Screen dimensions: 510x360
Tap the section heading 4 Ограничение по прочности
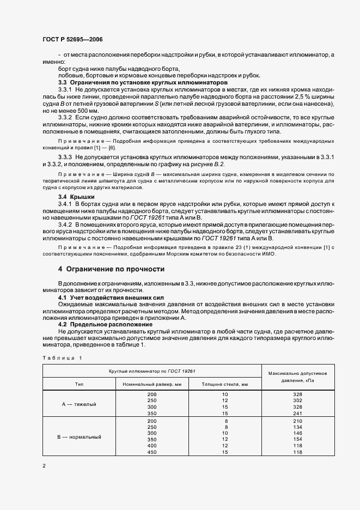[x=111, y=269]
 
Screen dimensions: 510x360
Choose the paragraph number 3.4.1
[x=65, y=203]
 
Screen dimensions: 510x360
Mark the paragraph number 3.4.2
[x=65, y=224]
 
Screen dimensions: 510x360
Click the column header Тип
[x=79, y=385]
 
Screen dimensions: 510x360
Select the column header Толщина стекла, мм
[x=224, y=385]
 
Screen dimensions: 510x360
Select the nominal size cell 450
[x=152, y=452]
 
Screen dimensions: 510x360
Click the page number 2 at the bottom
[x=44, y=466]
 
